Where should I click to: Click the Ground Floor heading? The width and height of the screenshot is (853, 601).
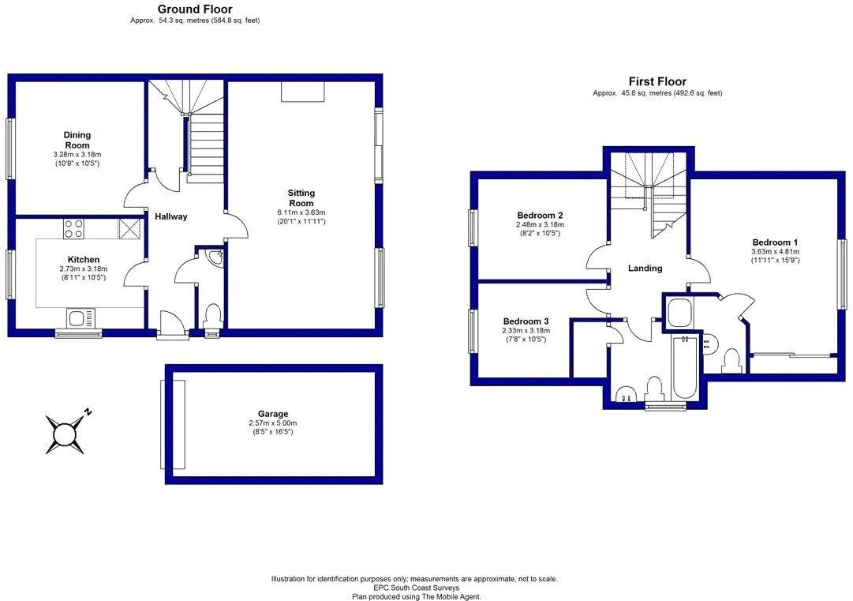[195, 9]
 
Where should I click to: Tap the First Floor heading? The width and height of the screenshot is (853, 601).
[657, 81]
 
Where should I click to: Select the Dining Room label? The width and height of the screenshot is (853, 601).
[77, 140]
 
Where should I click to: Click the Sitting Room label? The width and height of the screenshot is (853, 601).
[301, 197]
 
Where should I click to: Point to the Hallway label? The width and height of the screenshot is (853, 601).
[170, 216]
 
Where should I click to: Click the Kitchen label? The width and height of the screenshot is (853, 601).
[83, 259]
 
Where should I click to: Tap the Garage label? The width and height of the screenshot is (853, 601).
[273, 413]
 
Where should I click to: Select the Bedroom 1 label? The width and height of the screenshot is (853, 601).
[776, 242]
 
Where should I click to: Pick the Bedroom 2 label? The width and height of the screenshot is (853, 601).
[540, 215]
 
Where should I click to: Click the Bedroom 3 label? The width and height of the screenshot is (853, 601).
[526, 321]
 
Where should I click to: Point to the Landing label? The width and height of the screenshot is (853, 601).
[645, 268]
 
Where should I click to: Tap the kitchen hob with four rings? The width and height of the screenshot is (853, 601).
[73, 229]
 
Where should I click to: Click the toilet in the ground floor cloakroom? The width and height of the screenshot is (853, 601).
[211, 317]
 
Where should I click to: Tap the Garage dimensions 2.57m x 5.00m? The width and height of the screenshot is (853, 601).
[273, 423]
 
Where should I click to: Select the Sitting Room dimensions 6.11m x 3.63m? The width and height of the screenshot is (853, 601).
[301, 212]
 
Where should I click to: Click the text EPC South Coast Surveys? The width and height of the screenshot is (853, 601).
[414, 588]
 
